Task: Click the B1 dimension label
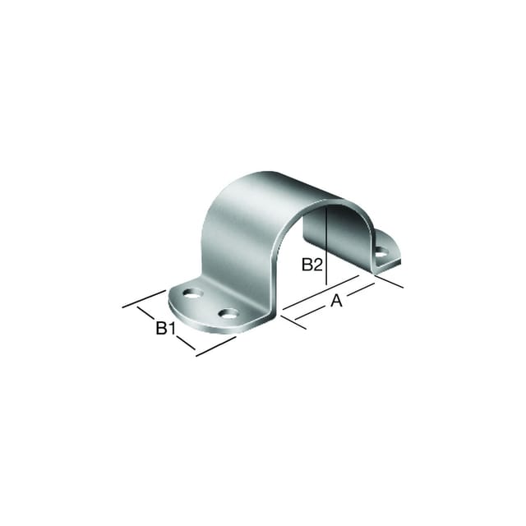165,328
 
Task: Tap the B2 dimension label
312,265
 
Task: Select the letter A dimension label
336,301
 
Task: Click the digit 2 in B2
318,265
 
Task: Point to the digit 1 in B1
171,328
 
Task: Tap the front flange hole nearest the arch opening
228,314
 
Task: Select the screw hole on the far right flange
381,251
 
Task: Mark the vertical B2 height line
326,247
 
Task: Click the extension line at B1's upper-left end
145,298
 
